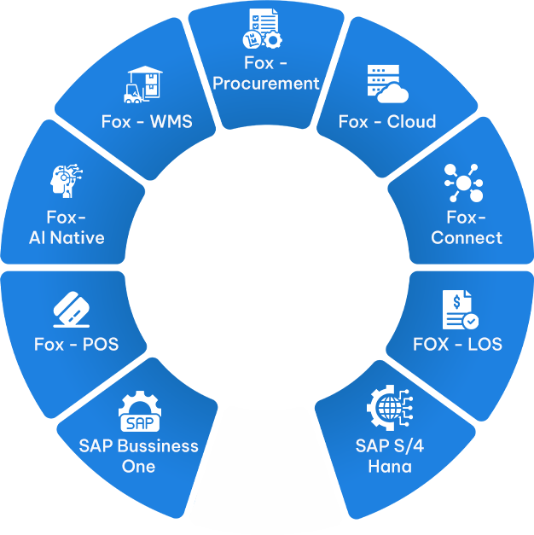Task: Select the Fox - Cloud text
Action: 386,121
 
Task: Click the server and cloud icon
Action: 386,84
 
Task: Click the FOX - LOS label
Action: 457,345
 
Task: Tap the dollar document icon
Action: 459,310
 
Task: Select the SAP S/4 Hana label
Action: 389,456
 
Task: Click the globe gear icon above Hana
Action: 389,411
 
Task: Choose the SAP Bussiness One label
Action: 138,456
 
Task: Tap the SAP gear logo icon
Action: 138,414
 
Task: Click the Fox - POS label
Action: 76,345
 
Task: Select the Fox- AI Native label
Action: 67,227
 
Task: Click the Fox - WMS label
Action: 147,121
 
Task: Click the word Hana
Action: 389,466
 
